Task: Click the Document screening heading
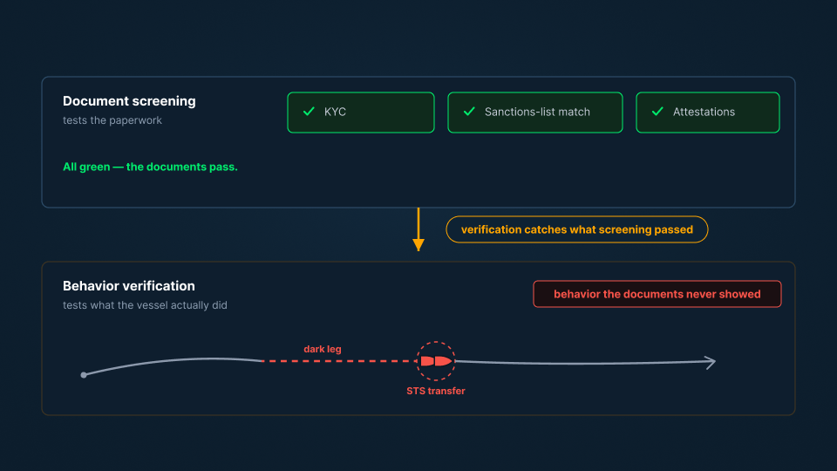(x=129, y=101)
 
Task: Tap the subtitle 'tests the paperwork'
(x=112, y=120)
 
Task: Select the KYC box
(x=361, y=113)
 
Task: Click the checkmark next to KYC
(x=309, y=111)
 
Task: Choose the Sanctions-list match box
(x=534, y=113)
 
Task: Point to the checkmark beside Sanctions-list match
(x=469, y=111)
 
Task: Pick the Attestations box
(x=708, y=113)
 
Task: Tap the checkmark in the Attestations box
(x=657, y=111)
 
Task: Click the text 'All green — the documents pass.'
(x=150, y=167)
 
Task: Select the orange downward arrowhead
(x=418, y=245)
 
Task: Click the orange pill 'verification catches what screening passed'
(x=577, y=229)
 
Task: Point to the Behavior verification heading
(x=129, y=286)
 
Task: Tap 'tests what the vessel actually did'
(x=145, y=305)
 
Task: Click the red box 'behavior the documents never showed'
(x=657, y=294)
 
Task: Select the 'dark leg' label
(x=323, y=349)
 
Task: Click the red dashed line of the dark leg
(x=340, y=361)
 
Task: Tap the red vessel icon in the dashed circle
(x=436, y=361)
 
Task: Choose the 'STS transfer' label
(x=436, y=391)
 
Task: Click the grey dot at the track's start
(x=84, y=375)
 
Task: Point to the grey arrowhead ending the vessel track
(x=711, y=362)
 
